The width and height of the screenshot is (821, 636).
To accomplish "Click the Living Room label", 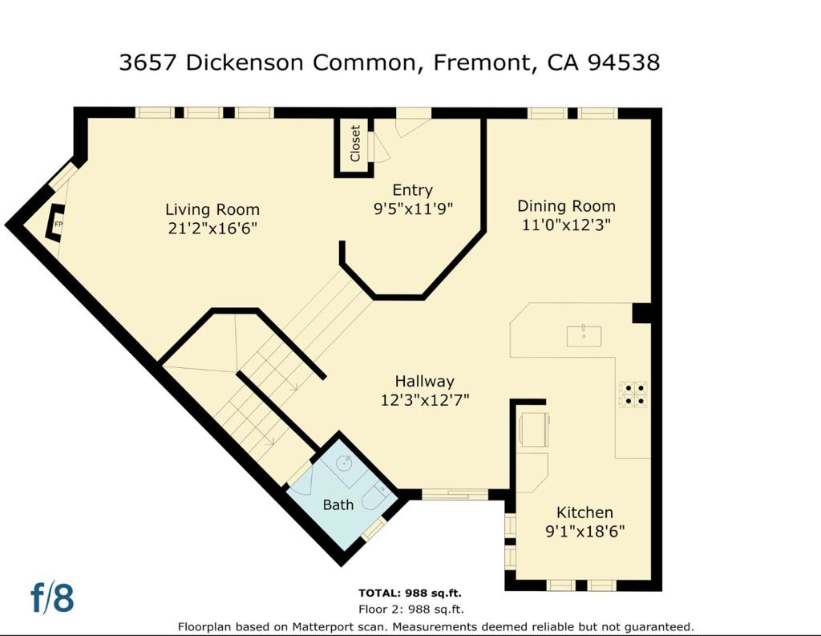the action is click(212, 209).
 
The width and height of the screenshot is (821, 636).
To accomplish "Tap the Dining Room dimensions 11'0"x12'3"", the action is click(566, 225).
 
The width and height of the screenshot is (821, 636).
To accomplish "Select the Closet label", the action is click(355, 144).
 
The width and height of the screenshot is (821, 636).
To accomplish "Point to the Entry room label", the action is click(413, 190).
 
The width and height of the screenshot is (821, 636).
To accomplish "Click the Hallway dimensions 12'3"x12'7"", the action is click(425, 400).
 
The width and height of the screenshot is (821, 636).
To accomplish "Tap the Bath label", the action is click(338, 505).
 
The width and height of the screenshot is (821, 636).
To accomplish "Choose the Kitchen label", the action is click(584, 512).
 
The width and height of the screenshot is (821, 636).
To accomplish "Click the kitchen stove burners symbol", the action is click(633, 395).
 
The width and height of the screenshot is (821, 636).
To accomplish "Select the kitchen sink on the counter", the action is click(584, 336).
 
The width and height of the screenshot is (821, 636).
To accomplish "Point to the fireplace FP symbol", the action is click(56, 223).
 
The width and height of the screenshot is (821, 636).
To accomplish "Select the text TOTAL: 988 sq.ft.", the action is click(410, 593).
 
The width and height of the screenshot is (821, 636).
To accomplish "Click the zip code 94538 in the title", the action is click(624, 63).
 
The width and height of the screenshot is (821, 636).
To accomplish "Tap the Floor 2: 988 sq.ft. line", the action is click(411, 610).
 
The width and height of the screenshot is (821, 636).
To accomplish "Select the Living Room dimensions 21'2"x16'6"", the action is click(212, 229).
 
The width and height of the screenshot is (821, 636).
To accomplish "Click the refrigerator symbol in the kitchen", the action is click(533, 429).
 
